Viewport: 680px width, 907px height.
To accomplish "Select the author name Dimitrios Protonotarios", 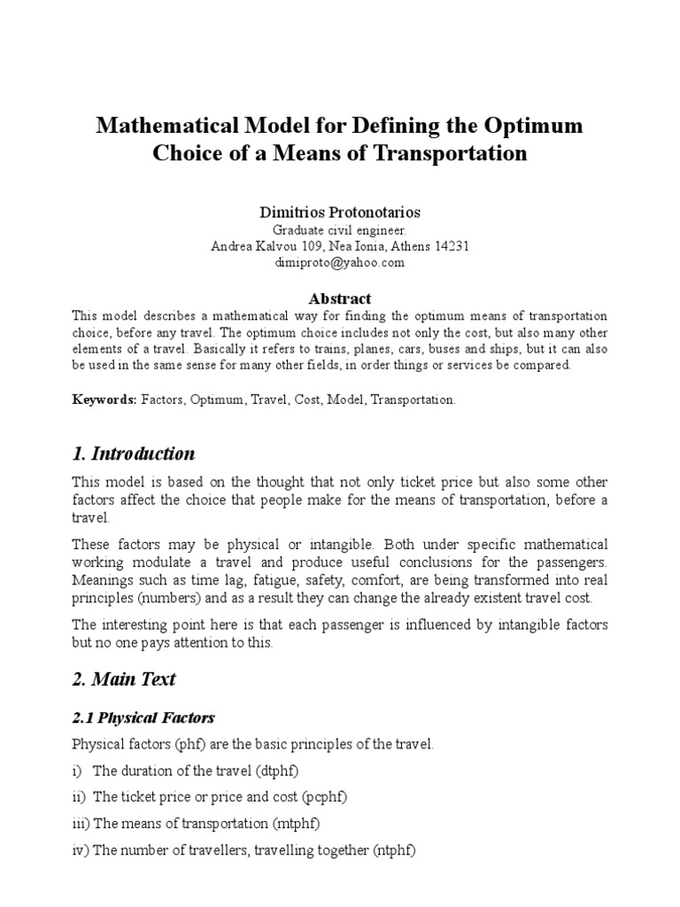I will click(x=340, y=213).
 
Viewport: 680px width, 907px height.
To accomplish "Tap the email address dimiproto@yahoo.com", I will click(x=340, y=262).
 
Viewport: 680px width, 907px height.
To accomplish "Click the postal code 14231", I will click(x=450, y=246).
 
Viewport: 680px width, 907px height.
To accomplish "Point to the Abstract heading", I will click(x=340, y=298).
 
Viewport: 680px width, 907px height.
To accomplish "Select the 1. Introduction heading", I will click(x=134, y=453).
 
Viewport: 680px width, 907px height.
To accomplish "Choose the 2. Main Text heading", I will click(x=124, y=679).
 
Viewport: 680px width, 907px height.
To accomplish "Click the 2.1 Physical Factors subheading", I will click(x=143, y=717).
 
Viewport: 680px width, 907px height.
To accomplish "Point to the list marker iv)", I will click(x=80, y=850).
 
